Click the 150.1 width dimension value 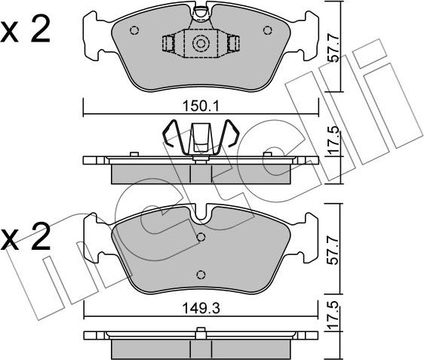click(x=201, y=106)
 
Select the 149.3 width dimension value click(x=201, y=309)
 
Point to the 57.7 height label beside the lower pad click(x=333, y=251)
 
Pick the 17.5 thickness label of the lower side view click(x=333, y=315)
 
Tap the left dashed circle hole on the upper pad click(x=134, y=30)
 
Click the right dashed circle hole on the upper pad click(x=267, y=30)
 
